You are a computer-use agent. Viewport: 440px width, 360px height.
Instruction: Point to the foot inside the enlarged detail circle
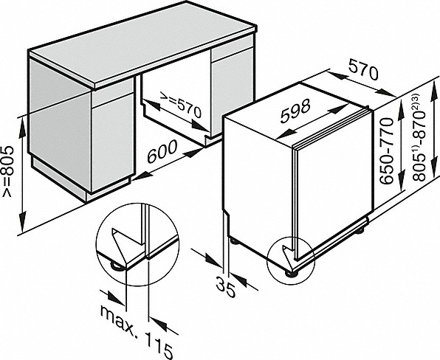click(x=118, y=263)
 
